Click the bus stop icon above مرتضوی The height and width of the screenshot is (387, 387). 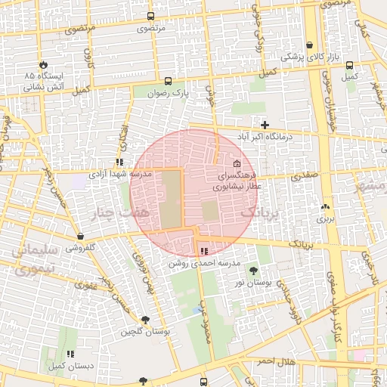(151, 16)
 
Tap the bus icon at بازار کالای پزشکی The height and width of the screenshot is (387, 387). (311, 45)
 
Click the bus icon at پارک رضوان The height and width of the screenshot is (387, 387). (167, 82)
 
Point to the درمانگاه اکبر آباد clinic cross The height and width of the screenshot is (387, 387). (265, 125)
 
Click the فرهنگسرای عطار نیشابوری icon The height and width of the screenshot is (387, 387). (237, 164)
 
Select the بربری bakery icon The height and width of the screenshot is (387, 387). (325, 206)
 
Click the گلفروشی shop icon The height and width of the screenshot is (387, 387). (80, 236)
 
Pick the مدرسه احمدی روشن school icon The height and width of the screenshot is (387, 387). (203, 251)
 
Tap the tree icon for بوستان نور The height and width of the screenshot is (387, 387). (252, 270)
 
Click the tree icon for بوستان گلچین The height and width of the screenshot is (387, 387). (144, 320)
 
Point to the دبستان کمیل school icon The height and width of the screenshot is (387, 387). (70, 353)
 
